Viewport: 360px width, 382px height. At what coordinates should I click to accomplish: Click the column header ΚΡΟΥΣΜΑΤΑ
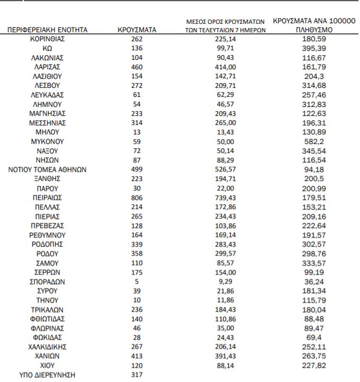tap(137, 30)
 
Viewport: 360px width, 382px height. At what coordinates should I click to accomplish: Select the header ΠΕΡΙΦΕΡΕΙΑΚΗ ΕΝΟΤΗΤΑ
tap(48, 30)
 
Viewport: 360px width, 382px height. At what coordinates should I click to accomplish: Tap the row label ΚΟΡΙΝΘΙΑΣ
tap(48, 39)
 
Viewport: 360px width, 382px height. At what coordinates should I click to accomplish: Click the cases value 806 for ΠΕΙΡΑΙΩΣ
tap(137, 197)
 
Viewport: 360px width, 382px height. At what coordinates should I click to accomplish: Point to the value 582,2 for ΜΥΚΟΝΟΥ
tap(314, 142)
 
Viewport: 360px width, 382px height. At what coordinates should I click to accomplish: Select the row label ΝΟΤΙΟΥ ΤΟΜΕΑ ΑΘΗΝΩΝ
tap(48, 170)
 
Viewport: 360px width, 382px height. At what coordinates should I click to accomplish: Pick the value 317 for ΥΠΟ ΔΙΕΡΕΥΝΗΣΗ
tap(137, 375)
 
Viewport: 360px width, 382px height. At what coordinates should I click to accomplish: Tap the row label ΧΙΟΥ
tap(48, 365)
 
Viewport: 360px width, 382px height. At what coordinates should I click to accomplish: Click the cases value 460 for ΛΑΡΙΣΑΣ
tap(137, 67)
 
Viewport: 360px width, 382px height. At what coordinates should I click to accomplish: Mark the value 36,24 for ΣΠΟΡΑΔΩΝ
tap(314, 281)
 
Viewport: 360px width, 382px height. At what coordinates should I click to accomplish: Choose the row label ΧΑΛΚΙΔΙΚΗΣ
tap(48, 347)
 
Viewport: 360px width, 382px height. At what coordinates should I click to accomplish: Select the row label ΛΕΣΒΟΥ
tap(48, 86)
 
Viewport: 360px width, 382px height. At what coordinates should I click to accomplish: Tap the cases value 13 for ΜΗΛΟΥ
tap(137, 132)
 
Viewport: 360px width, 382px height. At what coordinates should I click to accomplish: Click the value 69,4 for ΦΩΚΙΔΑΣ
tap(314, 338)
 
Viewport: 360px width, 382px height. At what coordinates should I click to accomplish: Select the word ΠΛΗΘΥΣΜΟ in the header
tap(314, 30)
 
